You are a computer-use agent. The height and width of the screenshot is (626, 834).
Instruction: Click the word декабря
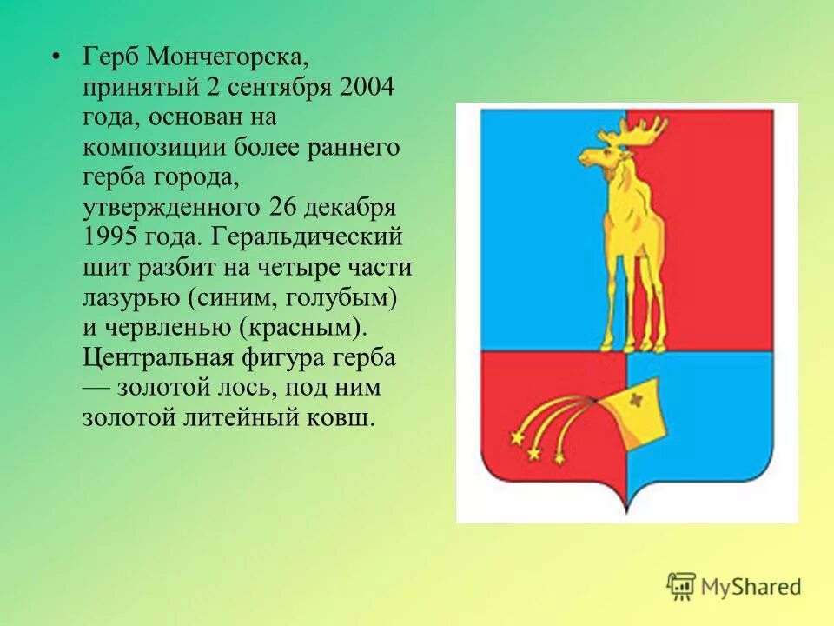(x=354, y=208)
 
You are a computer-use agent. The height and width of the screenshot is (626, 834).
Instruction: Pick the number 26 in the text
(x=283, y=208)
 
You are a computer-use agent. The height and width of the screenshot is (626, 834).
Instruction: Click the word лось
(x=242, y=386)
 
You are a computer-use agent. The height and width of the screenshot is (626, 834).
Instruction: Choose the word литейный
(x=259, y=416)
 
